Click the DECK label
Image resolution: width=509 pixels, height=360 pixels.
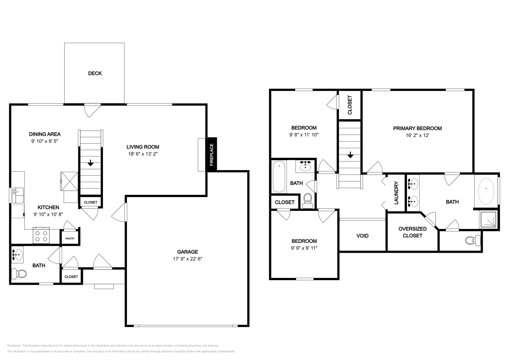(95, 73)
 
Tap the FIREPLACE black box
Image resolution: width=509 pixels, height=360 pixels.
(212, 155)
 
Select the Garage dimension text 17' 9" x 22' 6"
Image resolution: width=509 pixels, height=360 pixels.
(188, 259)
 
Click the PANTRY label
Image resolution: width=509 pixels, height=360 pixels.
(70, 239)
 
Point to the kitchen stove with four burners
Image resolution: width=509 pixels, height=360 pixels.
(41, 236)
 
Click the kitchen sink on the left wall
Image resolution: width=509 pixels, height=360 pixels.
(18, 195)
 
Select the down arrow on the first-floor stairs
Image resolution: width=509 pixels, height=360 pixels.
(90, 163)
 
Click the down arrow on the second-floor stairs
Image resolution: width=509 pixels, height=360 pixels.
(350, 155)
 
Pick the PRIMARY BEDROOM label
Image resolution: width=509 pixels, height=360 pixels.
(417, 128)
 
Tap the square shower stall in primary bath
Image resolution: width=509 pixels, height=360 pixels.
(488, 219)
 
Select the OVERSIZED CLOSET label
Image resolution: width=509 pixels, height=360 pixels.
(412, 232)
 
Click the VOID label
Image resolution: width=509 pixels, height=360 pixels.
(362, 236)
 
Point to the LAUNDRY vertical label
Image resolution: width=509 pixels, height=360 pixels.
(396, 193)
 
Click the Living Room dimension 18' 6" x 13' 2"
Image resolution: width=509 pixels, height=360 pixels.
(143, 154)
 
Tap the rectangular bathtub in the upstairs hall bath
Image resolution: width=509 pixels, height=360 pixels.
(279, 177)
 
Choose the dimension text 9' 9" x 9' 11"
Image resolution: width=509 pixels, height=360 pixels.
(304, 248)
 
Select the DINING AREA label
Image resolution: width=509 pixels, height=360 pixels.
(45, 134)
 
